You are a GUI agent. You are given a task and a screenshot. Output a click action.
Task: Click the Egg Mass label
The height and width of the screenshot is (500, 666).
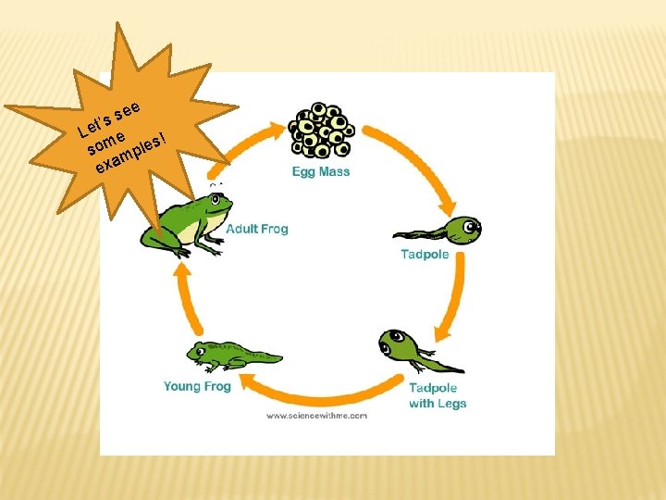pos(321,172)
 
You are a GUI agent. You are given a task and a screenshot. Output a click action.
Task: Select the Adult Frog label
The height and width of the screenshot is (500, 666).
pos(257,229)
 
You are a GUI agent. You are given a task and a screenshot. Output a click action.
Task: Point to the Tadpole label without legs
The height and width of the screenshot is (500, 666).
pos(425,255)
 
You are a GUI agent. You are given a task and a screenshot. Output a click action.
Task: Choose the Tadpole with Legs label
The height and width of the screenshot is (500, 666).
pos(438,396)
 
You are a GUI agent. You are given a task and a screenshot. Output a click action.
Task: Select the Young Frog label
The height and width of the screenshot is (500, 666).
pos(197,386)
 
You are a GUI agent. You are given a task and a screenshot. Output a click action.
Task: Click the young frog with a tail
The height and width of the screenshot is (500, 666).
pos(231,355)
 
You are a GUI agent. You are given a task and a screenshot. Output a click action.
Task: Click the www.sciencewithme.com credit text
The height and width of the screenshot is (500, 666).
pos(316,416)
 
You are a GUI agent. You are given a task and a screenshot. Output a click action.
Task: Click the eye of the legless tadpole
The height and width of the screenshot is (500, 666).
pos(471,224)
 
